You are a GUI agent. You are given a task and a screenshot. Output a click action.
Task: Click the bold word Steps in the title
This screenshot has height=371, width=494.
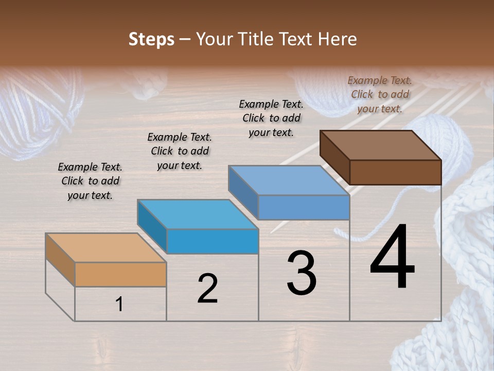pos(151,39)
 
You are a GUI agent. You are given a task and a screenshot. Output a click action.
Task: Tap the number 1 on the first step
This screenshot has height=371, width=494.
pos(119,305)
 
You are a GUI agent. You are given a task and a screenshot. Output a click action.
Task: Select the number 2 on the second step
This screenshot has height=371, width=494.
pos(207,289)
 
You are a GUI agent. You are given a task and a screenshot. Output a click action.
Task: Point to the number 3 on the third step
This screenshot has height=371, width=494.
pos(302,273)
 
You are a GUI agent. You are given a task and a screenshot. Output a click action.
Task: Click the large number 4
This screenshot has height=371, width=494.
pos(393,258)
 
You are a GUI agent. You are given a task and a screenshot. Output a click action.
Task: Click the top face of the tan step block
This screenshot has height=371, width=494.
pos(105,248)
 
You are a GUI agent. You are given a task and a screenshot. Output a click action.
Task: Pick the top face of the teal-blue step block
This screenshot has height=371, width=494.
pos(198,214)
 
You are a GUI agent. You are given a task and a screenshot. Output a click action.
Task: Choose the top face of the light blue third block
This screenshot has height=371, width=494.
pos(289,180)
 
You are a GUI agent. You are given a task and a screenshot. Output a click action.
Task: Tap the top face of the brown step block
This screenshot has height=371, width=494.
pos(381,145)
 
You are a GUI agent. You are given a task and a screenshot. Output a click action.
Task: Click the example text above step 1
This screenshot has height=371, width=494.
pos(90,181)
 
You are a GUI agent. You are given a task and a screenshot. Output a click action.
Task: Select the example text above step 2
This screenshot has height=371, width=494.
pos(180,151)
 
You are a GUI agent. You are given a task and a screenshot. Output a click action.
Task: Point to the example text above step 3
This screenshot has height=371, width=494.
pos(271,118)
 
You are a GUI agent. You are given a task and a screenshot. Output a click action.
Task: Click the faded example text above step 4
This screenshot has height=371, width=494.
pos(380,94)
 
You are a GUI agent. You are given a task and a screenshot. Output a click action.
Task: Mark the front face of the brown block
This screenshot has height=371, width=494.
pos(395,172)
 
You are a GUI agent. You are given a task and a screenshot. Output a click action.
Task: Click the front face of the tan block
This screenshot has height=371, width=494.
pos(120,274)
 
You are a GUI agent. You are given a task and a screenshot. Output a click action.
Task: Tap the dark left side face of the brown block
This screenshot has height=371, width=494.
pos(334,157)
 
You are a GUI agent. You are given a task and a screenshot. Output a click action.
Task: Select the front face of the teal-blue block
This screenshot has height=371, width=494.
pos(213,241)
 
